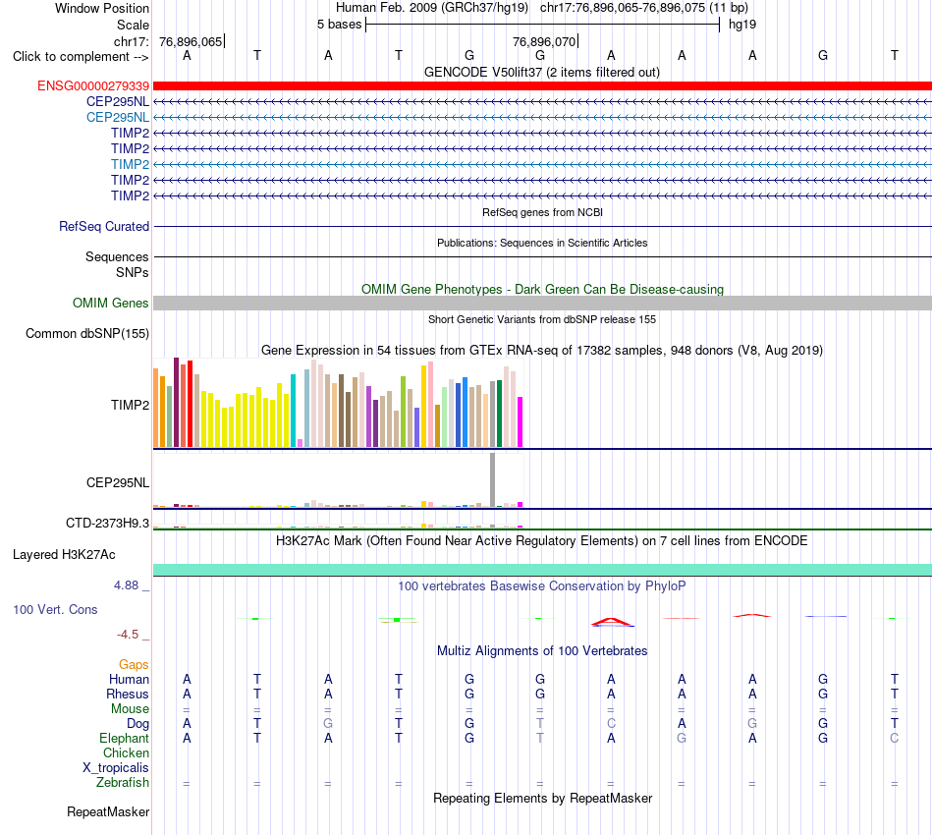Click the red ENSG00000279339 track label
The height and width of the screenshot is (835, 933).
point(93,86)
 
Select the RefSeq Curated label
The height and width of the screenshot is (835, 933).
point(104,226)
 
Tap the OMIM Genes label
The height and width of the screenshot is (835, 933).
point(111,303)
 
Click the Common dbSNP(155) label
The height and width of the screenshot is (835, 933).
point(87,333)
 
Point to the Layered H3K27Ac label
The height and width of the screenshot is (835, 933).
point(64,555)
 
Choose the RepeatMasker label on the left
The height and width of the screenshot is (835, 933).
point(108,811)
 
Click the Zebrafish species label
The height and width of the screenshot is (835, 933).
point(123,783)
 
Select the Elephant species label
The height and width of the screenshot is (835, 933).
point(125,738)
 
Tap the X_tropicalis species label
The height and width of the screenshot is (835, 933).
point(116,768)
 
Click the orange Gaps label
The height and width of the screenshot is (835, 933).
point(134,664)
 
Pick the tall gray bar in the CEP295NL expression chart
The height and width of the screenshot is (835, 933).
point(493,479)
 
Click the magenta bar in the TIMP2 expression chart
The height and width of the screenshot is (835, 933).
point(521,422)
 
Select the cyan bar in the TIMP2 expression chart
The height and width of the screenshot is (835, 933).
point(293,411)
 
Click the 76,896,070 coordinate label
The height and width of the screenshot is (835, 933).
point(544,41)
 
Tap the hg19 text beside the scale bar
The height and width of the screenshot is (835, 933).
point(742,25)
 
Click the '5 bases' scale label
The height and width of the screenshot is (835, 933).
point(339,25)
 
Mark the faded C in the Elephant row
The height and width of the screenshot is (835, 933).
point(895,738)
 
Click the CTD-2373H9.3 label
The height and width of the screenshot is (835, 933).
point(108,524)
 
